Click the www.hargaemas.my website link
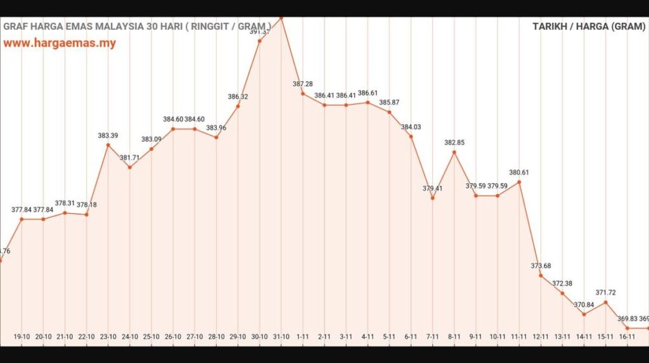(60, 44)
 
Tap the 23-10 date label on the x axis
(108, 336)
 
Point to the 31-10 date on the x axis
(281, 336)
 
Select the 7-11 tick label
(433, 336)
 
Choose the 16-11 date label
(627, 336)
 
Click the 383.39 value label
(108, 136)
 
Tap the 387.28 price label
(302, 84)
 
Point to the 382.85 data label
(454, 143)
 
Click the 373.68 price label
(541, 265)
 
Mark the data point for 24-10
(129, 167)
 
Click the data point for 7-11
(433, 198)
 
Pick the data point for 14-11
(584, 314)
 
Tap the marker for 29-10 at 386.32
(238, 106)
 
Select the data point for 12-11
(541, 276)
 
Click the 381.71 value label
(129, 158)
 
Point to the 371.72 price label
(606, 293)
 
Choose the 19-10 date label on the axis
(22, 336)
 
